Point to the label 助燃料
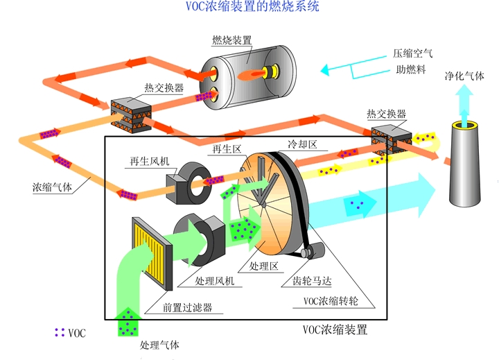[406, 69]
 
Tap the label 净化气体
[464, 74]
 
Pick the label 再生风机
[148, 162]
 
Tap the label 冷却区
[302, 144]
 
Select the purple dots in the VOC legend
[60, 333]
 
